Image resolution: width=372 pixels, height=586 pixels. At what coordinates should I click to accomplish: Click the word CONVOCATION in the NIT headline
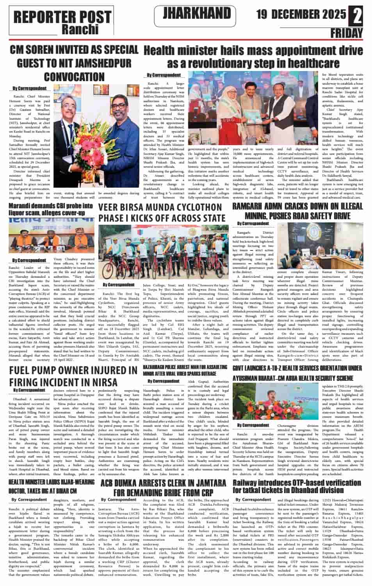[73, 76]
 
